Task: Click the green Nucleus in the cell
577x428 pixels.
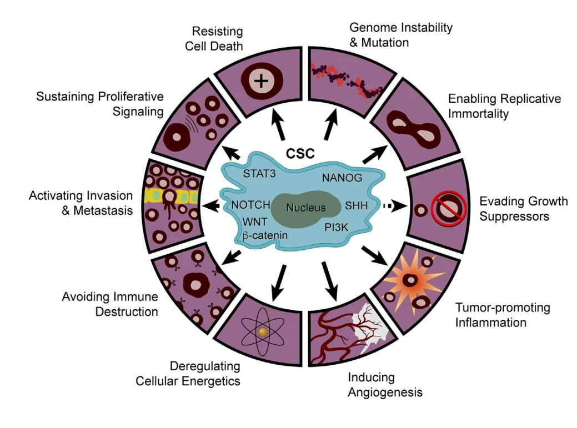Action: pos(304,209)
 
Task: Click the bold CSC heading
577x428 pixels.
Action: pos(303,152)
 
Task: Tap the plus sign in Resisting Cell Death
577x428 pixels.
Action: pos(258,83)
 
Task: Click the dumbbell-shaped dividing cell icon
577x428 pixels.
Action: pos(413,127)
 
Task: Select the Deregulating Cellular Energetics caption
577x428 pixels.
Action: pos(204,373)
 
